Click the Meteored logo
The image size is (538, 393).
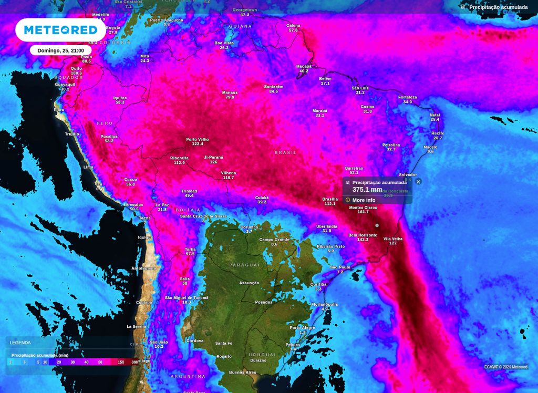pos(61,30)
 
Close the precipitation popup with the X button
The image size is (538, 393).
pos(418,182)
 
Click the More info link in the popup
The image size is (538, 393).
pos(364,200)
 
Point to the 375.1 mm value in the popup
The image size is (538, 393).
pos(367,190)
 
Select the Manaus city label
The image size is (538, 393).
pos(230,92)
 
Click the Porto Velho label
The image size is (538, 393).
pos(198,139)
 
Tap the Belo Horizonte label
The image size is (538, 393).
pos(363,235)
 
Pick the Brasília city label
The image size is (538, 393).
pos(330,199)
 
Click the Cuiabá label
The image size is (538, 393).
pos(262,198)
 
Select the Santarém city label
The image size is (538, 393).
pos(274,87)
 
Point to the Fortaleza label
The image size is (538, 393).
pos(408,97)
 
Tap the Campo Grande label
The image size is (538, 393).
pos(274,240)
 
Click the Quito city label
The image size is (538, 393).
pos(76,68)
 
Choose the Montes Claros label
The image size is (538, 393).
pos(363,208)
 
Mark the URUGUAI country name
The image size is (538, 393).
pos(262,355)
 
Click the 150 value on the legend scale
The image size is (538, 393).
pos(121,362)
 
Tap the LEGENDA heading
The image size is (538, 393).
pos(20,343)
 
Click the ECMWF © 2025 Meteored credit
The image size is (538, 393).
pos(506,367)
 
